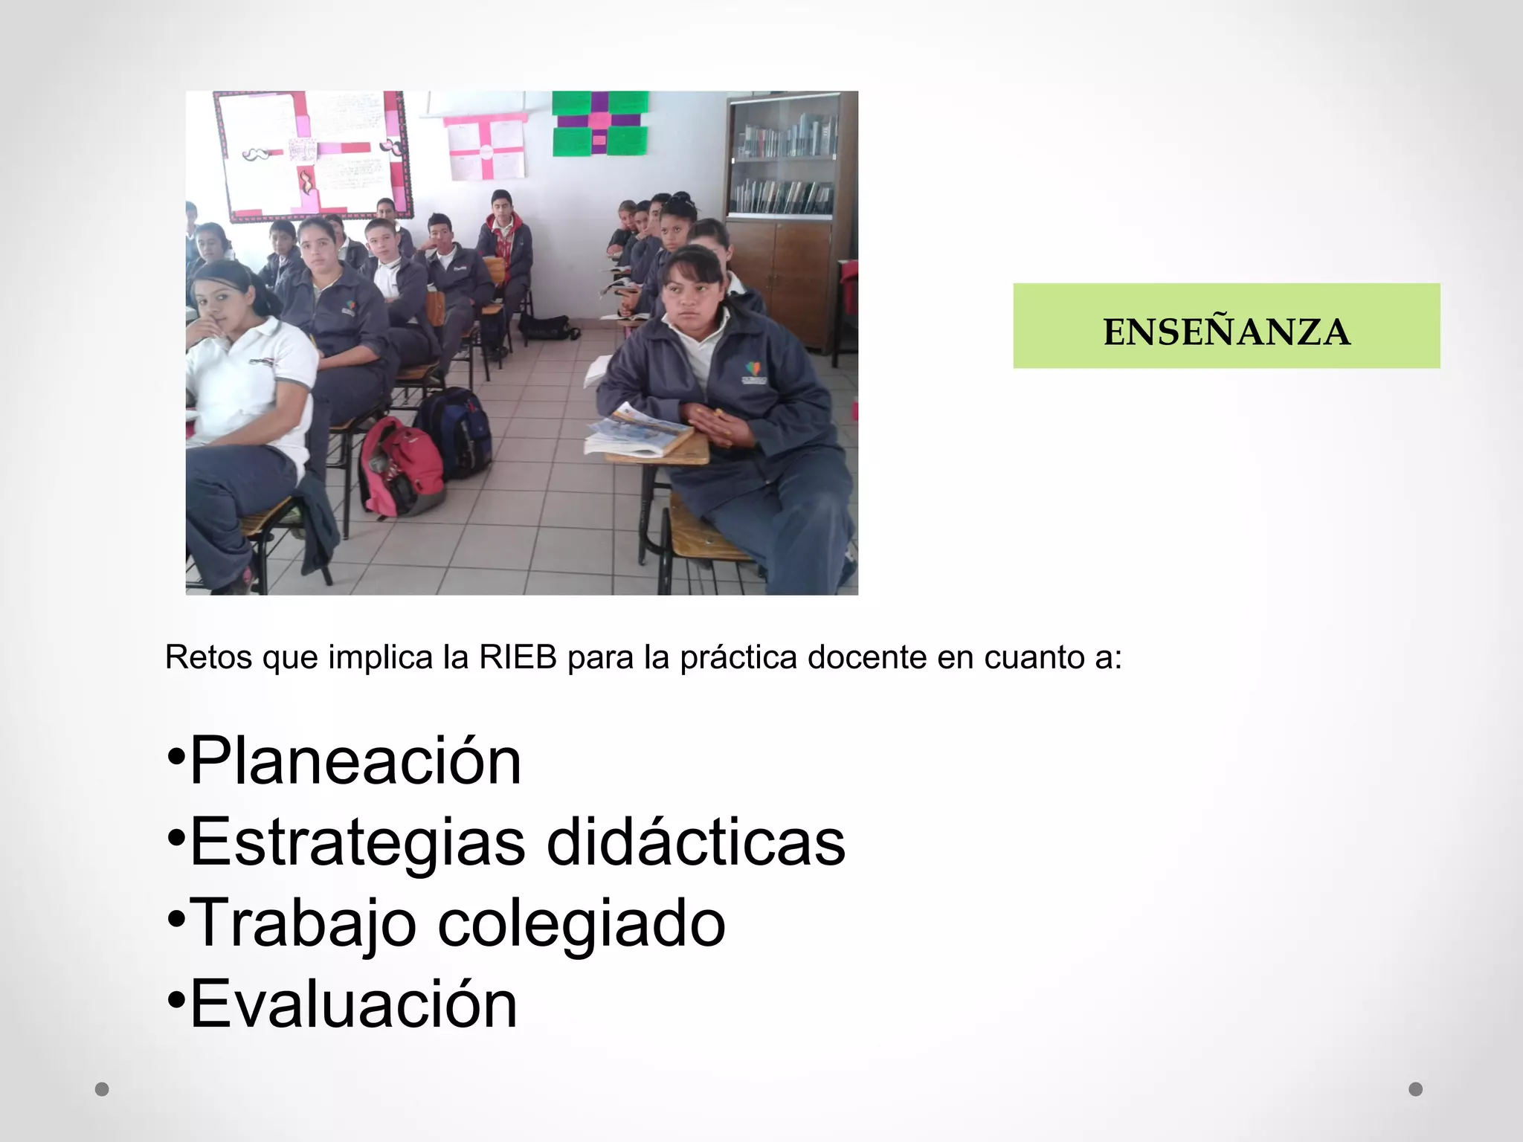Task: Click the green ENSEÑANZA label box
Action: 1226,326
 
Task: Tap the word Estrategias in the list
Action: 357,842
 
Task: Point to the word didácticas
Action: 696,842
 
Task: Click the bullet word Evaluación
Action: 353,1004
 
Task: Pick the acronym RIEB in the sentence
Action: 518,657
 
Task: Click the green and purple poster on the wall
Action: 599,123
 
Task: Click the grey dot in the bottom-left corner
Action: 103,1089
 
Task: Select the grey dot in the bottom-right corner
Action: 1416,1089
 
